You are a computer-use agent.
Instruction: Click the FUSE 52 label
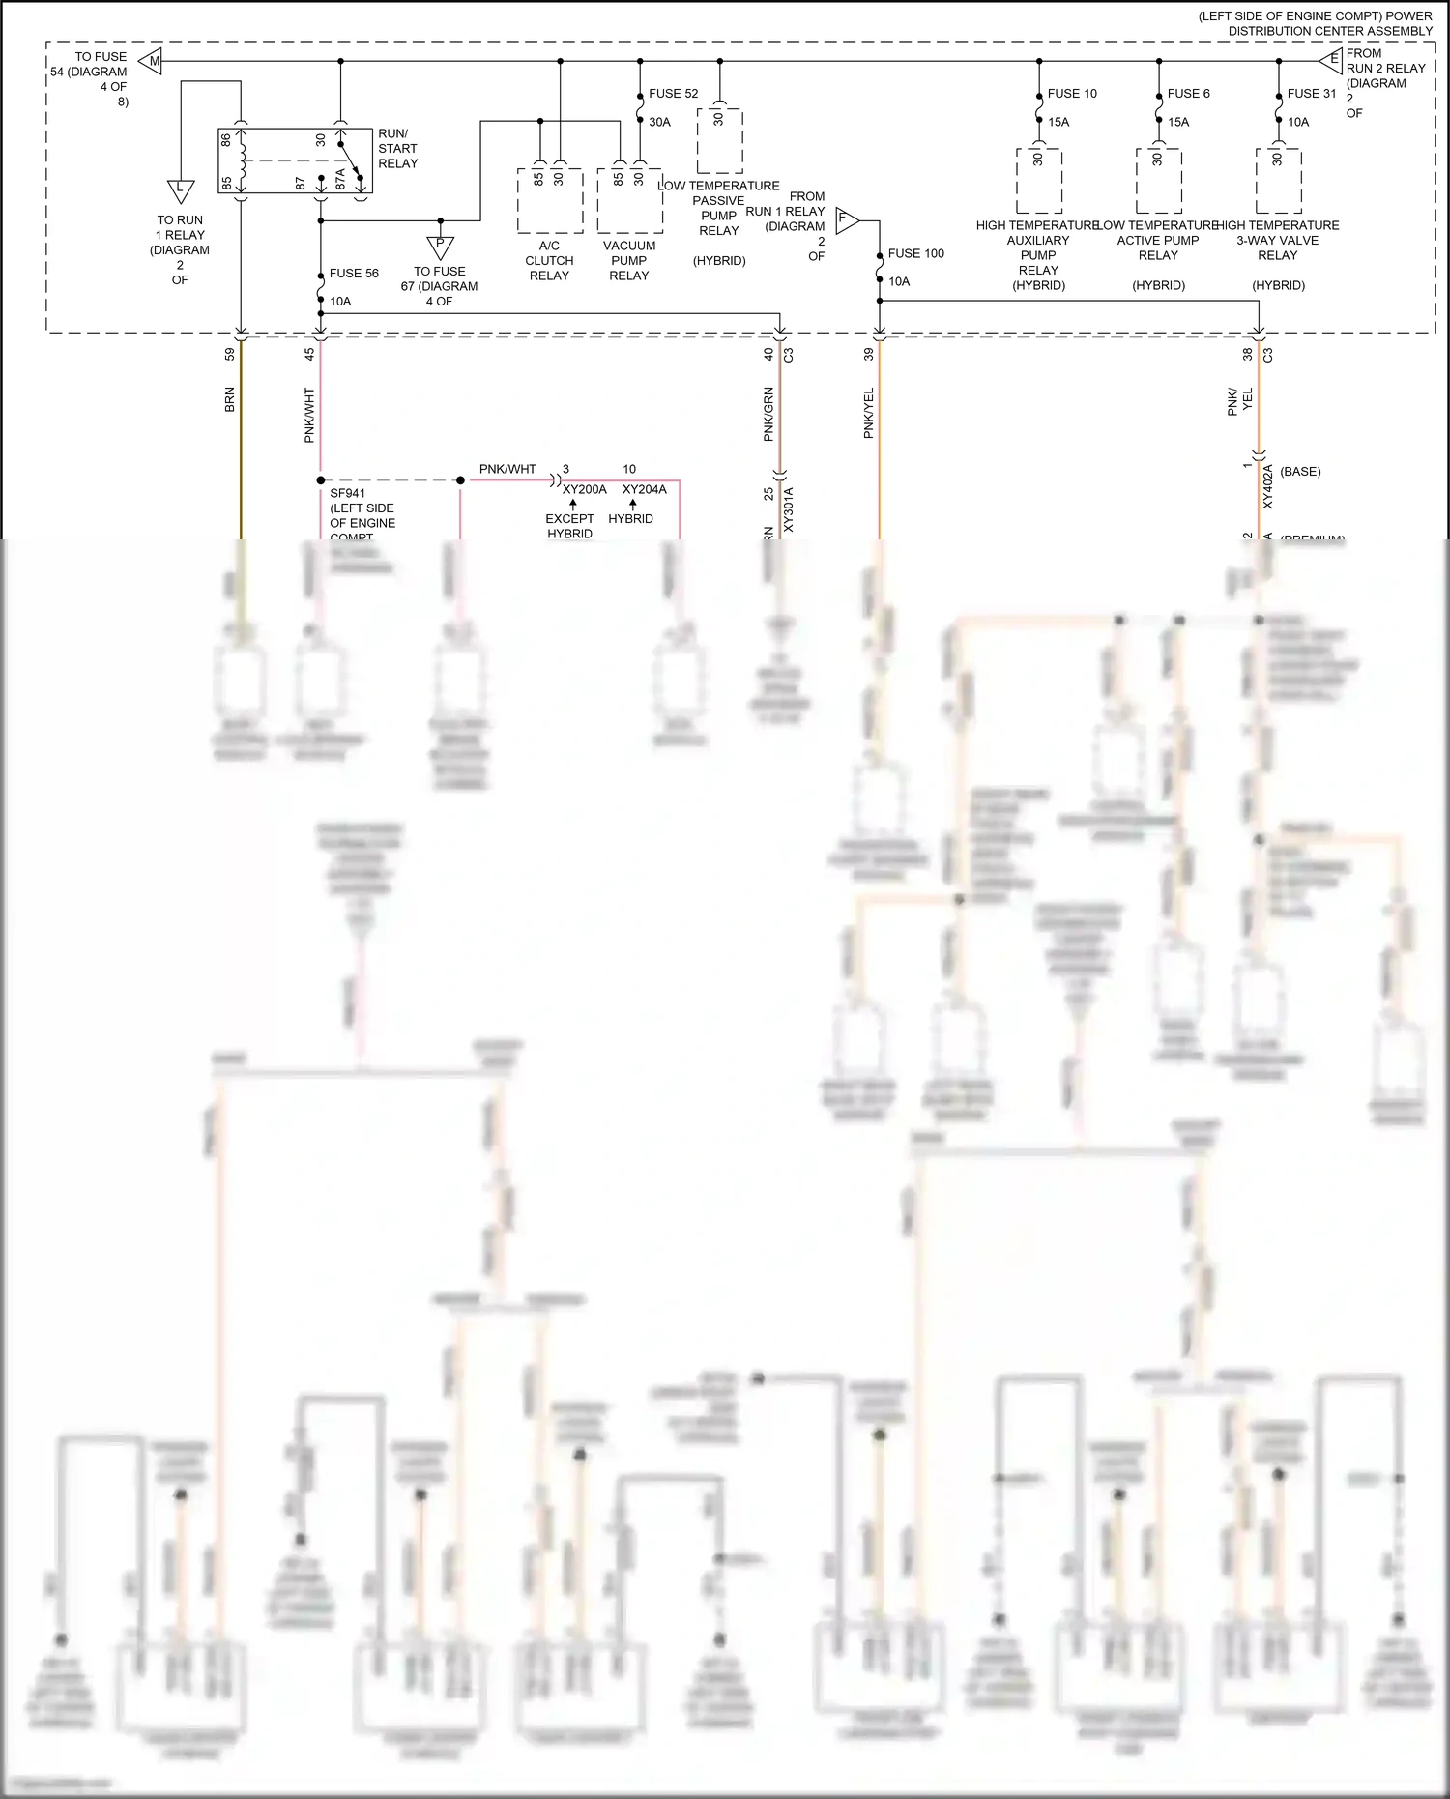point(673,94)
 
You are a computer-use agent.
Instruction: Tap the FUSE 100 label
point(915,253)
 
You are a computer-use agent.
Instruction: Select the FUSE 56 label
point(354,274)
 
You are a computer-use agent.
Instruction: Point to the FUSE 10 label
point(1072,94)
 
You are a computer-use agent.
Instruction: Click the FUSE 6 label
point(1188,94)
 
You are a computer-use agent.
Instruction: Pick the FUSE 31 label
point(1311,94)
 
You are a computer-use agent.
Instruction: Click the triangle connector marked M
point(152,62)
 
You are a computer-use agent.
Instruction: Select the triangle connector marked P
point(440,247)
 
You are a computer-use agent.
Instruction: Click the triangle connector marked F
point(846,219)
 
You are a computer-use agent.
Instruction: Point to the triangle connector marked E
point(1332,61)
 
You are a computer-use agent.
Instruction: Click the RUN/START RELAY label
point(397,149)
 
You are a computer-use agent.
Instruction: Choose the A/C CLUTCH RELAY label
point(549,261)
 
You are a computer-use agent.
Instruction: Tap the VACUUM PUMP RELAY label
point(628,261)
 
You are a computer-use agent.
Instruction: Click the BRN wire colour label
point(230,400)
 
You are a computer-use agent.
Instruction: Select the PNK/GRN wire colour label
point(768,415)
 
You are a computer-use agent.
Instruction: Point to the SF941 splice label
point(347,494)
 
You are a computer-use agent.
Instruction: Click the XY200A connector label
point(585,490)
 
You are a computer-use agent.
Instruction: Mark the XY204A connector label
point(644,490)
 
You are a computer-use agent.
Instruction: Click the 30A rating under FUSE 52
point(659,123)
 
